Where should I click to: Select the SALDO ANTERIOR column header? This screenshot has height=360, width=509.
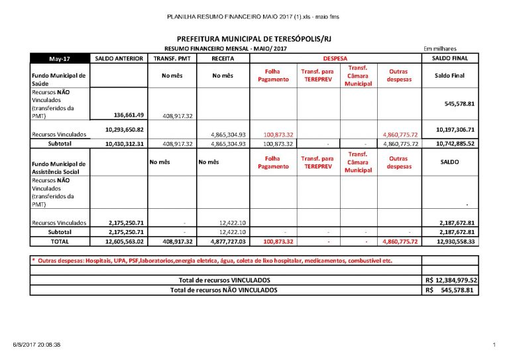pyautogui.click(x=119, y=58)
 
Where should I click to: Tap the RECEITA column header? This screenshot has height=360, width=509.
pyautogui.click(x=223, y=58)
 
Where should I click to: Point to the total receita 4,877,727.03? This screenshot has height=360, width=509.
pyautogui.click(x=223, y=242)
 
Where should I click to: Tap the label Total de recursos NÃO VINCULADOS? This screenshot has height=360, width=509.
pyautogui.click(x=224, y=290)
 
